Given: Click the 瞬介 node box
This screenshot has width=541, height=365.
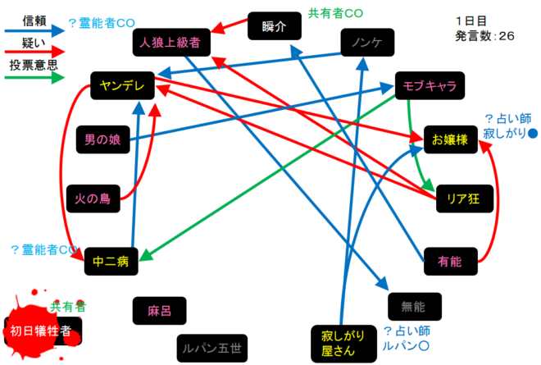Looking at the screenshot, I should coord(274,26).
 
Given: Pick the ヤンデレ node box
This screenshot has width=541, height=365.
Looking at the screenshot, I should coord(123,84).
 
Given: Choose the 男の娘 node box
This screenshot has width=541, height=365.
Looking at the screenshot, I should coord(103,139).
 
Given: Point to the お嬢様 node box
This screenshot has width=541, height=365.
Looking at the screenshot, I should coord(450,139).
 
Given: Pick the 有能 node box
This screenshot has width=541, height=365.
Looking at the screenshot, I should coord(450,262).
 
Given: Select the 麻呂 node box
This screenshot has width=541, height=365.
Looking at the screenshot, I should coord(159,311).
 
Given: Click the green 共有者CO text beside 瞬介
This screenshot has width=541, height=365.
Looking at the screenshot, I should coord(334,13).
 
